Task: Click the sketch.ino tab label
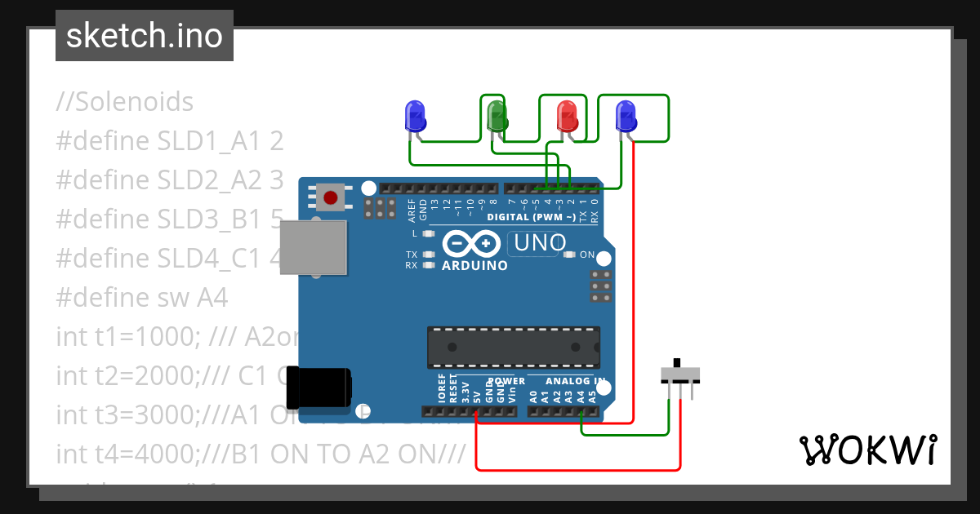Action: click(x=145, y=36)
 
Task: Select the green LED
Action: click(x=497, y=116)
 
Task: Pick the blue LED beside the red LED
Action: click(x=626, y=116)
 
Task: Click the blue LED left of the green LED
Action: click(x=416, y=116)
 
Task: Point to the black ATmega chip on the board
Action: click(x=514, y=347)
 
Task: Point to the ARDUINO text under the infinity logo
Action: click(x=474, y=265)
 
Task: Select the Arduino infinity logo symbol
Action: click(x=471, y=243)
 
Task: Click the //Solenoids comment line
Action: click(x=125, y=102)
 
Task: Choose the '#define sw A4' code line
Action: click(x=142, y=297)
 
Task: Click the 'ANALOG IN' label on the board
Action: click(x=576, y=381)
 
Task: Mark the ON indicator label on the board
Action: click(x=586, y=255)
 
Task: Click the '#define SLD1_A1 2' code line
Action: click(x=170, y=141)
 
